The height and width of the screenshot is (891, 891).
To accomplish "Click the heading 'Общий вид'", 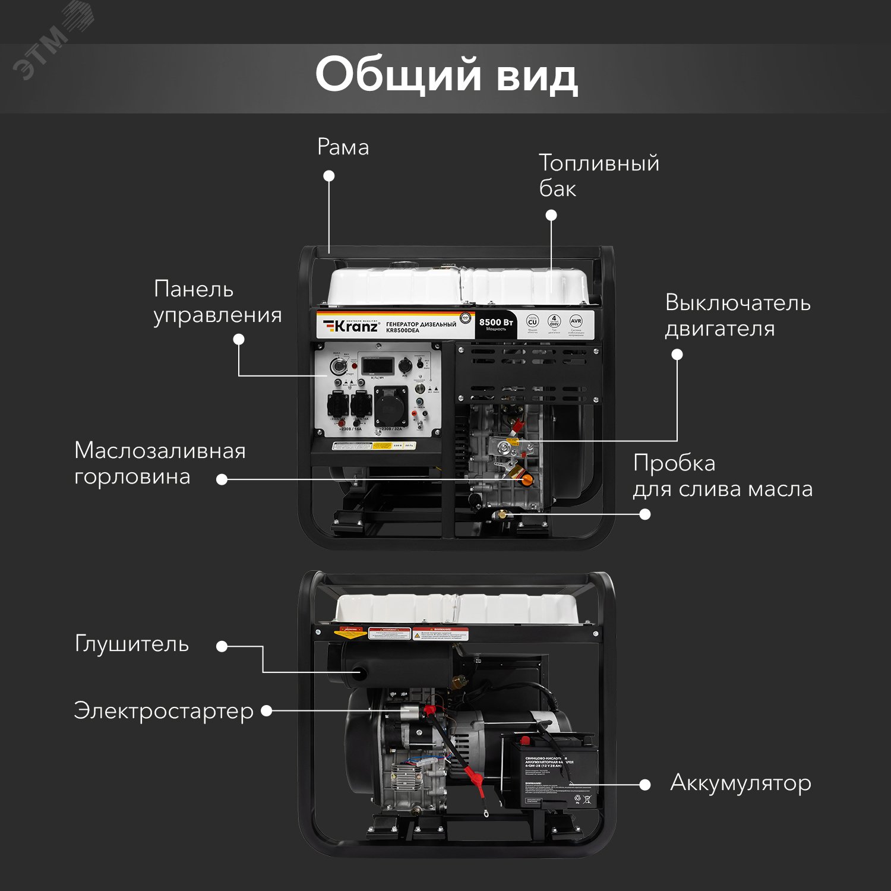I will (x=446, y=75).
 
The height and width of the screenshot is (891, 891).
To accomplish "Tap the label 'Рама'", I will (x=343, y=147).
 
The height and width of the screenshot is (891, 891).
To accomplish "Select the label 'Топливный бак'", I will (x=598, y=175).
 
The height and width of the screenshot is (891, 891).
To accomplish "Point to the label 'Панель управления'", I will (x=217, y=302).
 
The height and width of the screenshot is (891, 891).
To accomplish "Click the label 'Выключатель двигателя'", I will (x=737, y=315).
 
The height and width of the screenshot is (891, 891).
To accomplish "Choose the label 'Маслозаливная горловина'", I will (x=160, y=463).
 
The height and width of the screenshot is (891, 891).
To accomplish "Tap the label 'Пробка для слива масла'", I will (x=722, y=476).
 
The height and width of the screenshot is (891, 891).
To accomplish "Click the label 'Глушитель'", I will (x=132, y=644).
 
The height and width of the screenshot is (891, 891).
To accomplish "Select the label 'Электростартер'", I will (x=163, y=711).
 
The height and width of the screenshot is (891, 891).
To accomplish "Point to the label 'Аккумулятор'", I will (x=740, y=783).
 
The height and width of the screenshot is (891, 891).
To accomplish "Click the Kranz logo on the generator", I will (x=351, y=326).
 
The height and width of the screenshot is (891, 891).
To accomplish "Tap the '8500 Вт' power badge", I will (x=496, y=324).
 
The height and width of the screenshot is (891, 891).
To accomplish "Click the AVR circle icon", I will (x=576, y=321).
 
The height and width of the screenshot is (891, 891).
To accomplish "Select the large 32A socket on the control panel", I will (x=391, y=406).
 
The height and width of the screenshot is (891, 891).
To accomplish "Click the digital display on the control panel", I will (x=378, y=364).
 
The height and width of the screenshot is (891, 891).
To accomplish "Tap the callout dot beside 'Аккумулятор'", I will (x=644, y=785).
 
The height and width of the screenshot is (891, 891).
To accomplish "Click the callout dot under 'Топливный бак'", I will (x=551, y=215).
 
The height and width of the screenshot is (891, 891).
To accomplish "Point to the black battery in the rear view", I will (x=549, y=772).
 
